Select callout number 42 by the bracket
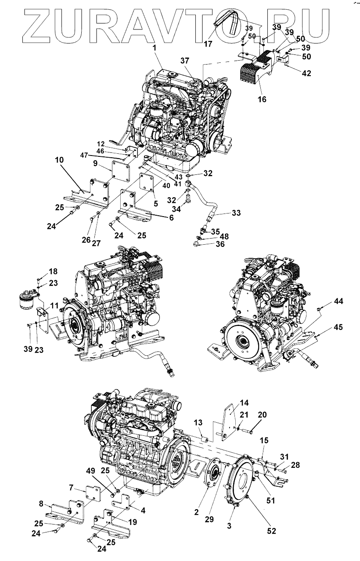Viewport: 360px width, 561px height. coord(306,73)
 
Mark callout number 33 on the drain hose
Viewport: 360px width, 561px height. coord(236,213)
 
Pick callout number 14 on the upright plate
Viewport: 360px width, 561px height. coord(244,402)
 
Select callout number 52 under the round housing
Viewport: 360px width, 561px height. coord(271,531)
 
